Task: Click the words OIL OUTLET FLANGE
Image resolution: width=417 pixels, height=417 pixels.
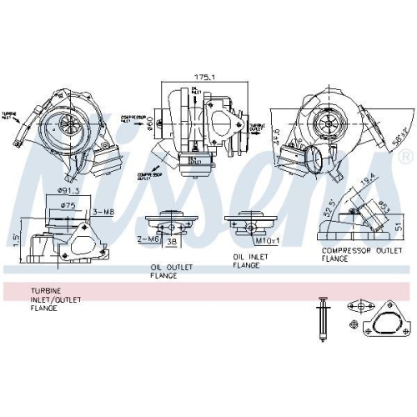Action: pos(172,272)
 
